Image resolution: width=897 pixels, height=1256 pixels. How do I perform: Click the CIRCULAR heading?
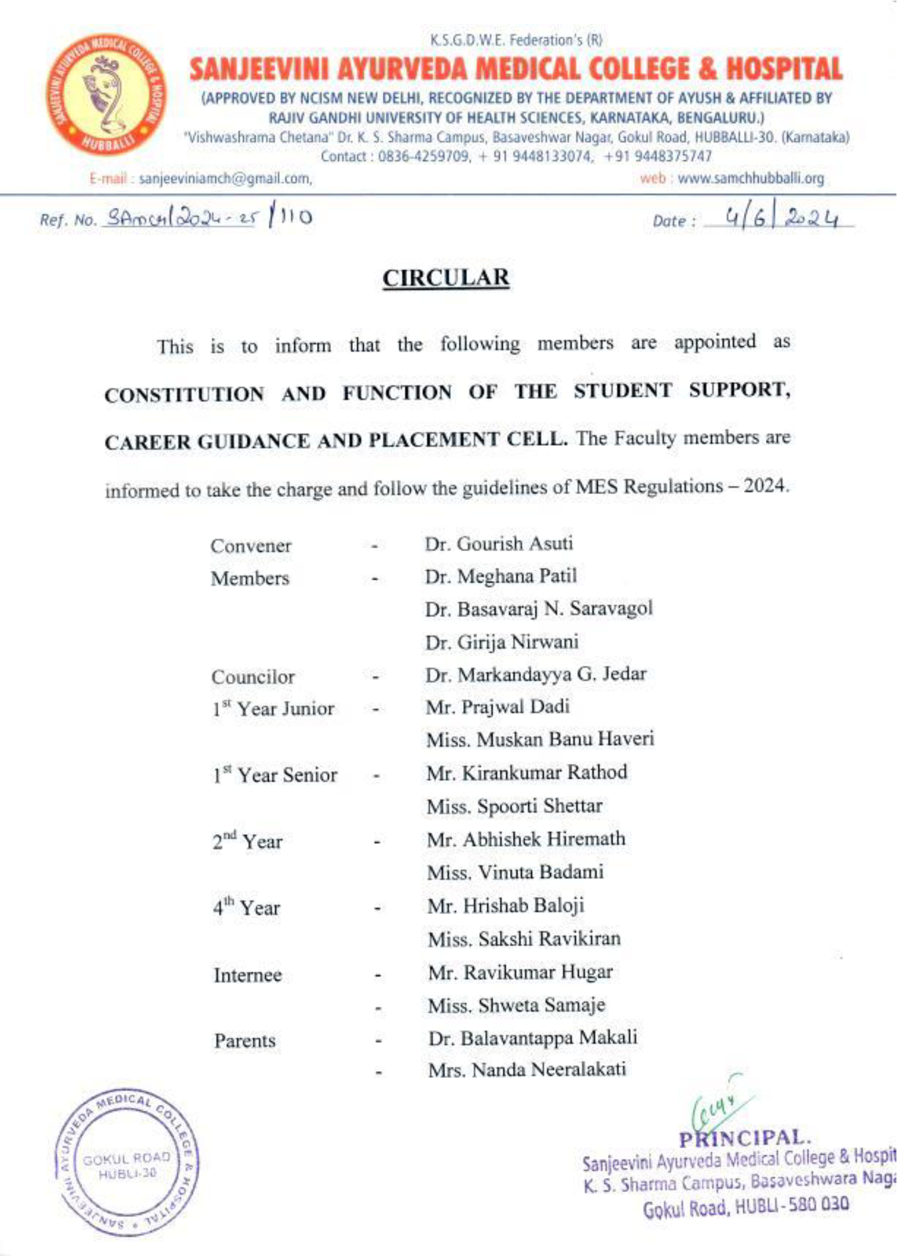click(446, 278)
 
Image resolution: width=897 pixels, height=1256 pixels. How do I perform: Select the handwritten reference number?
click(207, 216)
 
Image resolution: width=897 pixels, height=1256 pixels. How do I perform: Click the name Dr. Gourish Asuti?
click(498, 543)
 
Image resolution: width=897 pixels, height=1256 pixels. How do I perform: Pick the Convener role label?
click(251, 546)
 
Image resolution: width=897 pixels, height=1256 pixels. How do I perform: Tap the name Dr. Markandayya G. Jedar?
click(536, 674)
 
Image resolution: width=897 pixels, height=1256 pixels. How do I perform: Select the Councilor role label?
click(253, 677)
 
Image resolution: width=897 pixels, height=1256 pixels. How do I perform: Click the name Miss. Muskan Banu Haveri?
click(540, 739)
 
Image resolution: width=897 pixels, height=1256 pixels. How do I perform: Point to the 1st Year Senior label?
click(275, 775)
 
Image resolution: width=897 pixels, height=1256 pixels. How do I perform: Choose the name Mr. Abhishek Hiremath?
click(526, 839)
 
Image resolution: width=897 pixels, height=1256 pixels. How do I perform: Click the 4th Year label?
click(246, 907)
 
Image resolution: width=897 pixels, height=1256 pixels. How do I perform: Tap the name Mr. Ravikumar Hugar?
click(520, 972)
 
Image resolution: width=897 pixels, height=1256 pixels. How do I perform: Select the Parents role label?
click(244, 1040)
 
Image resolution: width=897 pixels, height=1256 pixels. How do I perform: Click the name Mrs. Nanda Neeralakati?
click(526, 1069)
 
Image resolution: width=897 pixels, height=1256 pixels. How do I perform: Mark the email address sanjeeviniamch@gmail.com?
click(225, 179)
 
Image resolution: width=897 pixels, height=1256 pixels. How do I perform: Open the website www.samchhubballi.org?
click(750, 179)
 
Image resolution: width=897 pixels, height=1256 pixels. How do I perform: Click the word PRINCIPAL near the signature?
click(744, 1138)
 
